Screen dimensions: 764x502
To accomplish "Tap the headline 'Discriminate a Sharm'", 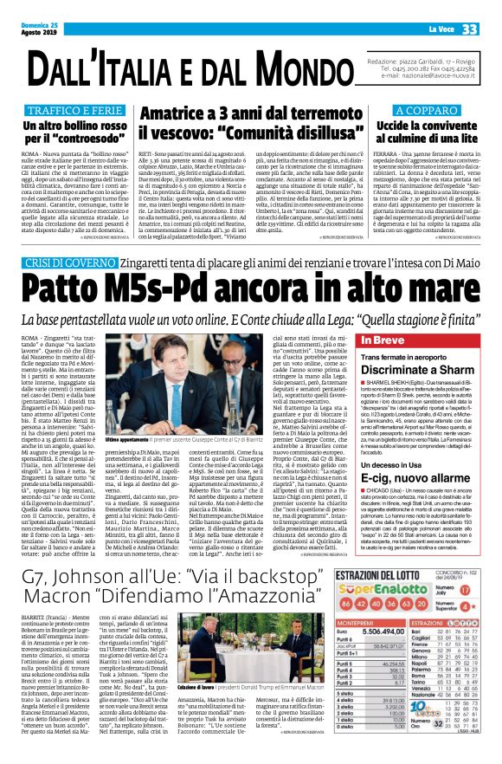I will (416, 367).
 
